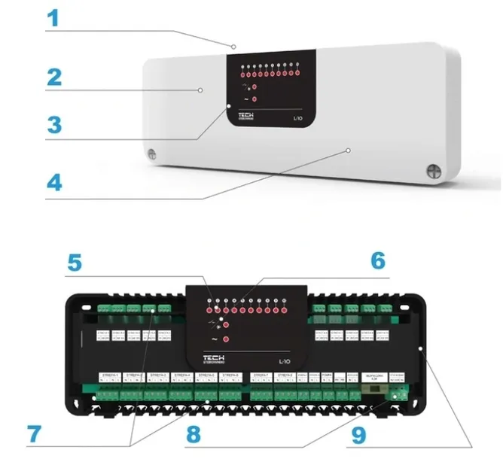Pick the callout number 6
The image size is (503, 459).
(378, 261)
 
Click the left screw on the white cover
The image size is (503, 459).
(151, 155)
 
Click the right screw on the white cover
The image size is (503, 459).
(434, 172)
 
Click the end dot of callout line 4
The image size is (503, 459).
(349, 150)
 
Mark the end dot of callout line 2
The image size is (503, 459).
(201, 90)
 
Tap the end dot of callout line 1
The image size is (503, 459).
(233, 47)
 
